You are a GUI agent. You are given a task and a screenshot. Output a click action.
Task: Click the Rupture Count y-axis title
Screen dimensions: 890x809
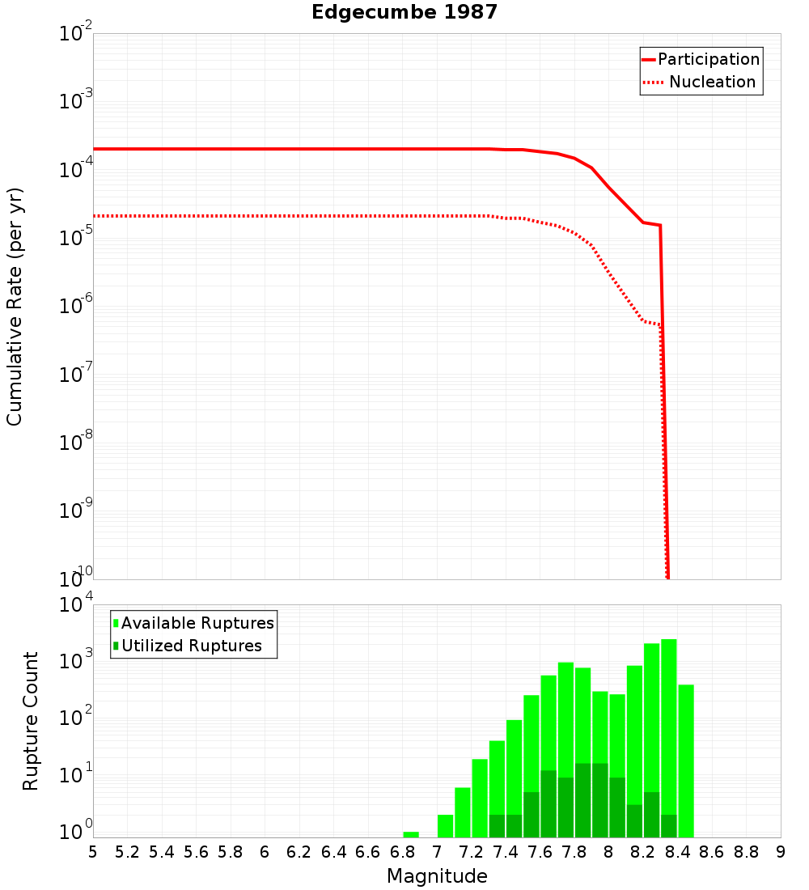coord(31,721)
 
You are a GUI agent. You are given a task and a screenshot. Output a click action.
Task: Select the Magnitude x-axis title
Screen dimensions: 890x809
coord(437,876)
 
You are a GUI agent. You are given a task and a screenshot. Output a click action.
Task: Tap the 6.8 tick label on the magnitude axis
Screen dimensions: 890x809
coord(402,852)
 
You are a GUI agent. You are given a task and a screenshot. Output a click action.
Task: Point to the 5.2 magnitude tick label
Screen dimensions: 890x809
coord(127,852)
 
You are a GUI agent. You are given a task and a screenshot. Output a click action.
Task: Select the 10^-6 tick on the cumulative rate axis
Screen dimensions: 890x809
coord(76,307)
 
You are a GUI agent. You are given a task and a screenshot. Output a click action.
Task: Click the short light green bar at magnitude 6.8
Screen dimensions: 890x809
coord(411,834)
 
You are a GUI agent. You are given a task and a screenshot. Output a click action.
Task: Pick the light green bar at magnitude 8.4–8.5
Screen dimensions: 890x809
coord(686,761)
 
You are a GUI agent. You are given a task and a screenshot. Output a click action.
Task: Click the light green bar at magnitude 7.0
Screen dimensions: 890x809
coord(445,825)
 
